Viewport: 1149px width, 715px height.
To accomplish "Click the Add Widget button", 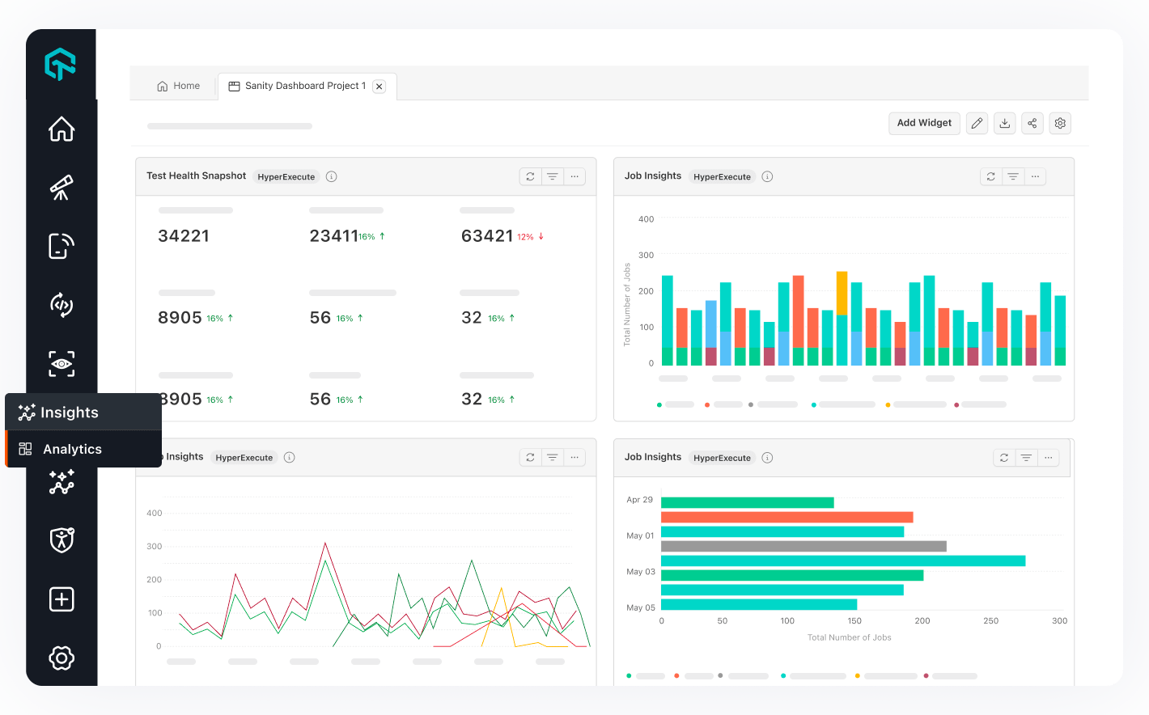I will (x=924, y=123).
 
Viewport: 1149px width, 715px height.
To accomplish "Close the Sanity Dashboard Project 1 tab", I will (x=379, y=87).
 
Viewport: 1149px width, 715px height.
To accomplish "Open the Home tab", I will (x=179, y=86).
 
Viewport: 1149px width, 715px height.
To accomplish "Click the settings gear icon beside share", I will (x=1060, y=123).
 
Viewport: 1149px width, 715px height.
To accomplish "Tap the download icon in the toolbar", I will (x=1004, y=123).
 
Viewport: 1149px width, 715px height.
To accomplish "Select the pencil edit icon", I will (x=977, y=123).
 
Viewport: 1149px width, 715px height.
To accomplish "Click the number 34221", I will (x=184, y=236).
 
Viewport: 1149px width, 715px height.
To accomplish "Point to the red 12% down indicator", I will (x=530, y=237).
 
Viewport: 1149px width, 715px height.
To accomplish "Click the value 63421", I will (x=487, y=236).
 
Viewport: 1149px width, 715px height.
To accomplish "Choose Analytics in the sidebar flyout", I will (x=72, y=449).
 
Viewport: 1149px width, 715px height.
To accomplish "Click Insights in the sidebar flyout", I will (x=69, y=412).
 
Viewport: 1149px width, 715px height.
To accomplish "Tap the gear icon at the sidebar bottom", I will (x=61, y=658).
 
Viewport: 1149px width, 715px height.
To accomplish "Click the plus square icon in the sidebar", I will (x=61, y=599).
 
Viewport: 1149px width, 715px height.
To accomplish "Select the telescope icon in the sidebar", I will (x=61, y=188).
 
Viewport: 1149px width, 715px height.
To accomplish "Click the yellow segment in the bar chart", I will (x=842, y=293).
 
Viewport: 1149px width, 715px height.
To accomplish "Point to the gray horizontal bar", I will (x=803, y=546).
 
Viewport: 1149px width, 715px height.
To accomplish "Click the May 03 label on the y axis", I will (x=640, y=572).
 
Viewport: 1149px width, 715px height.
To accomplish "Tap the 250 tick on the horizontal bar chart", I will (x=990, y=621).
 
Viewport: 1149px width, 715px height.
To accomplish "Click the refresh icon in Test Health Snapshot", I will (x=530, y=176).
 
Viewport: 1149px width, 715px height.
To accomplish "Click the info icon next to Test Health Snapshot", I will (x=331, y=176).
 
